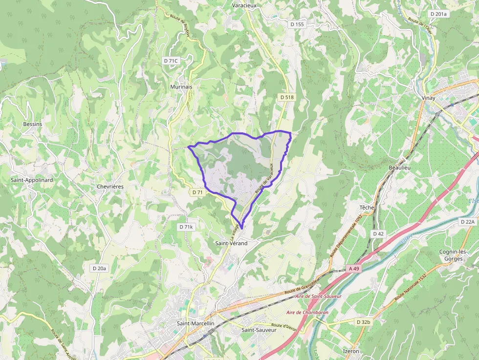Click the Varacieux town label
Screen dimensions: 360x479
coord(244,5)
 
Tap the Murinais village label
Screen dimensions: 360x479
coord(182,86)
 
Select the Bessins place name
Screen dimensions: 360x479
coord(33,124)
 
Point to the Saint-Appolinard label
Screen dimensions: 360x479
coord(32,180)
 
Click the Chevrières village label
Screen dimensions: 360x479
coord(110,187)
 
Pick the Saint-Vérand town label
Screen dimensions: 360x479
coord(231,243)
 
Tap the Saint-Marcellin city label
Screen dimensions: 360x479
coord(196,323)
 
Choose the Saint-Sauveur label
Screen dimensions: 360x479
coord(259,330)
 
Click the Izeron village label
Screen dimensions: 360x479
coord(351,351)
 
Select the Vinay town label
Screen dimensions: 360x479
coord(428,98)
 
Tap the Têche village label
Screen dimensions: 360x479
coord(367,207)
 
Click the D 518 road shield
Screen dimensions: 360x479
coord(287,97)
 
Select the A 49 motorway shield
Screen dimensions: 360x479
coord(354,269)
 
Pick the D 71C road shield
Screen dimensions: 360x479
coord(171,61)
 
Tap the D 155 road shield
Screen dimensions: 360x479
coord(297,24)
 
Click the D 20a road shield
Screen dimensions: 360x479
coord(99,268)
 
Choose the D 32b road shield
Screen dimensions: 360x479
coord(364,322)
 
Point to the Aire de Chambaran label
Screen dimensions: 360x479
coord(307,312)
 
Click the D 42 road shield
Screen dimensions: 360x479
coord(378,233)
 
